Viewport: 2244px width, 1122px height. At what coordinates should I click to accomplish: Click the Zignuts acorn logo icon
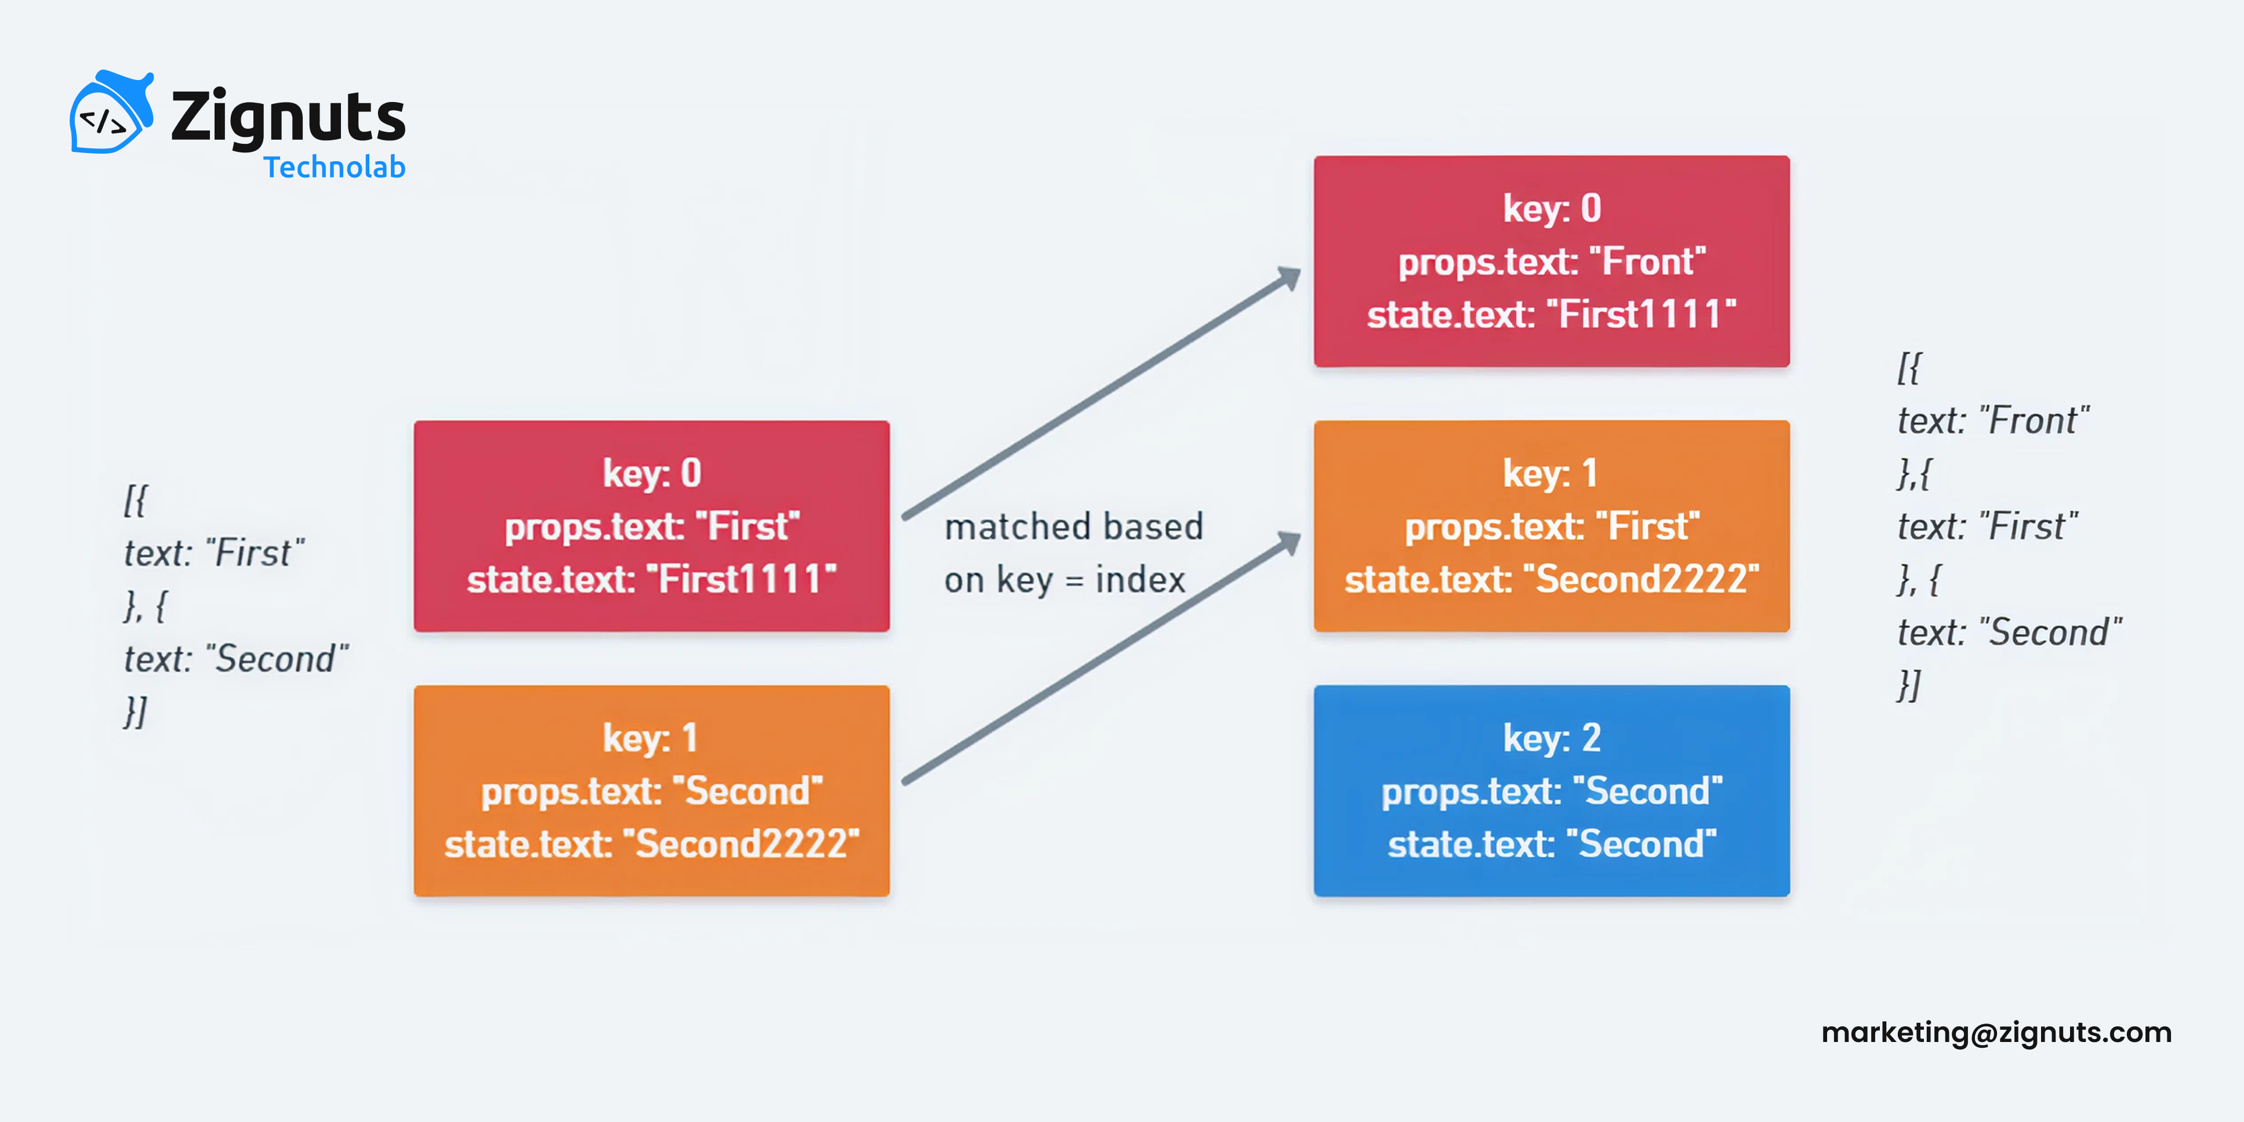pyautogui.click(x=110, y=113)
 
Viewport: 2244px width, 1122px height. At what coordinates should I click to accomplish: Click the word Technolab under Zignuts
pyautogui.click(x=335, y=167)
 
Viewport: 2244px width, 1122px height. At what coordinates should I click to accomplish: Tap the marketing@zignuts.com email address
pyautogui.click(x=1996, y=1032)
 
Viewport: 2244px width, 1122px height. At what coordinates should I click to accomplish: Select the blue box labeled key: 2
pyautogui.click(x=1552, y=790)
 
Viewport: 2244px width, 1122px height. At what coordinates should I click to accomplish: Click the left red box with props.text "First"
pyautogui.click(x=652, y=526)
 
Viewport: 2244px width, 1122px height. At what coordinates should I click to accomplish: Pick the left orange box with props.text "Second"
pyautogui.click(x=652, y=790)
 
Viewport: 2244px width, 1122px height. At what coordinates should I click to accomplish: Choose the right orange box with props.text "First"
pyautogui.click(x=1552, y=526)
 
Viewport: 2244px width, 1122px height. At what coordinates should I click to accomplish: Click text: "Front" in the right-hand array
pyautogui.click(x=1993, y=421)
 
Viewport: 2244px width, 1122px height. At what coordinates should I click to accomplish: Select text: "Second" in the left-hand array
pyautogui.click(x=235, y=659)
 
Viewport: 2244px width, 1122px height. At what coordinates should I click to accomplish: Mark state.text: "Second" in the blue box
pyautogui.click(x=1552, y=844)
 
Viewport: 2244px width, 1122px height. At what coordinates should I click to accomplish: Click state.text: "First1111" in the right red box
pyautogui.click(x=1552, y=314)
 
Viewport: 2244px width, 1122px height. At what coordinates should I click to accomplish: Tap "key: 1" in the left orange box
pyautogui.click(x=650, y=738)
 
